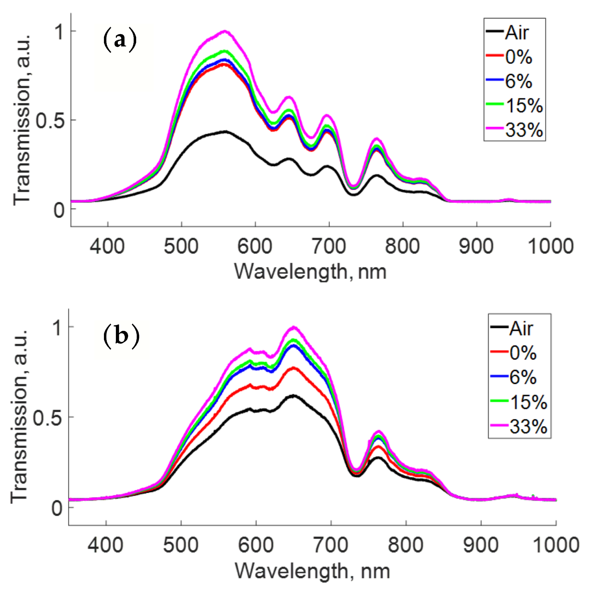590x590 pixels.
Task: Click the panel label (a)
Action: (x=120, y=40)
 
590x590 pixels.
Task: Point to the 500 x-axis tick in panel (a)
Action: (x=181, y=247)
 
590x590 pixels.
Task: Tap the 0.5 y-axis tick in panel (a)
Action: (x=50, y=120)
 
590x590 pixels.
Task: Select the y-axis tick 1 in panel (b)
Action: (x=58, y=328)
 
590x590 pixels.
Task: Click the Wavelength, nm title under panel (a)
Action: (x=310, y=272)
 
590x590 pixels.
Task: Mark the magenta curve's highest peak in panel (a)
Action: (x=225, y=31)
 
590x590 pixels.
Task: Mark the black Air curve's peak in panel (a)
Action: (x=226, y=132)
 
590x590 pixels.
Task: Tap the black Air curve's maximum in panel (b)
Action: (x=293, y=396)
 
